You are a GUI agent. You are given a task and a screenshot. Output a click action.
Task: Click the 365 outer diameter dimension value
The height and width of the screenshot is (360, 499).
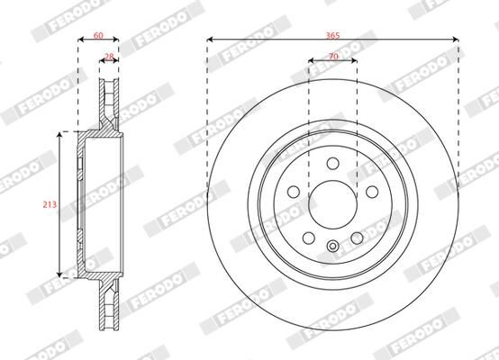(332, 35)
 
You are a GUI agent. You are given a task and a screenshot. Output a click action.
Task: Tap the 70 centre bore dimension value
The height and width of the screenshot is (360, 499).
(333, 57)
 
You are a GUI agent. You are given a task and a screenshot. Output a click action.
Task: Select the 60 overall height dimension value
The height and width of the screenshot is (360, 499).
(98, 35)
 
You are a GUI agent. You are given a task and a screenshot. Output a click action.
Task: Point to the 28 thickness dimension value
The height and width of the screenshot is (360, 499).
(109, 57)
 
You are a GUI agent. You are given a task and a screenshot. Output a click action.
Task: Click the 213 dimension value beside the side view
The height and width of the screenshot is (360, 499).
(50, 204)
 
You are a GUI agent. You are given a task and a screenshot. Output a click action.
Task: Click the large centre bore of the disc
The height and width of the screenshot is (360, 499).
(332, 204)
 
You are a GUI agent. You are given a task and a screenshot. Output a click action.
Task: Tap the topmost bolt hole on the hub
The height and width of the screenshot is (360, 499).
(333, 164)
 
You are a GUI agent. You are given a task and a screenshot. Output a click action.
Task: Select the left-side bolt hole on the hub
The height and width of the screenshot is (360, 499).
(294, 192)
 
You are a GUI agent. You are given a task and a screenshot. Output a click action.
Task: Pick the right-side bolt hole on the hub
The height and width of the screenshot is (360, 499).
(372, 192)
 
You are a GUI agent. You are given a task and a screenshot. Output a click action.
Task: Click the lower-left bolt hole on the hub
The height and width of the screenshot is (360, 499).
(309, 238)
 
